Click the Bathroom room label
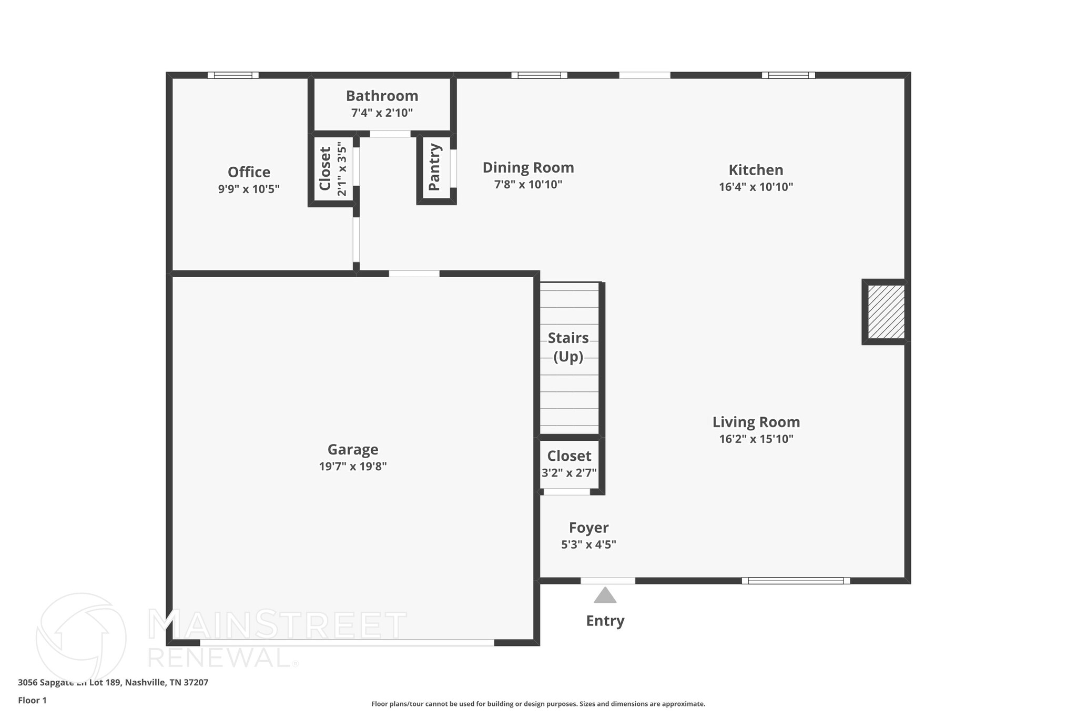coord(382,96)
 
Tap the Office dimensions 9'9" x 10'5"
coord(249,189)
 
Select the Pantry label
coord(434,167)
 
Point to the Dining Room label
coord(528,168)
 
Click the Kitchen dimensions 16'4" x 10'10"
coord(756,187)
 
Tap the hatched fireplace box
coord(886,312)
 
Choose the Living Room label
coord(756,422)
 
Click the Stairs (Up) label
coord(568,347)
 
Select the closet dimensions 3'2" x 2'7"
coord(569,473)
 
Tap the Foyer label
coord(588,528)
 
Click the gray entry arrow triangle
coord(605,595)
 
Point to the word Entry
coord(605,621)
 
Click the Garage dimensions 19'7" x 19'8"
coord(353,467)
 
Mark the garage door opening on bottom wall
coord(347,642)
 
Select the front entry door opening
coord(607,581)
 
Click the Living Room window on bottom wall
coord(796,581)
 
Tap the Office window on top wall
coord(233,75)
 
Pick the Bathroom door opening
coord(390,134)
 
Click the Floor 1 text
coord(33,700)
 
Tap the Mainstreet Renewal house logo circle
coord(81,637)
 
